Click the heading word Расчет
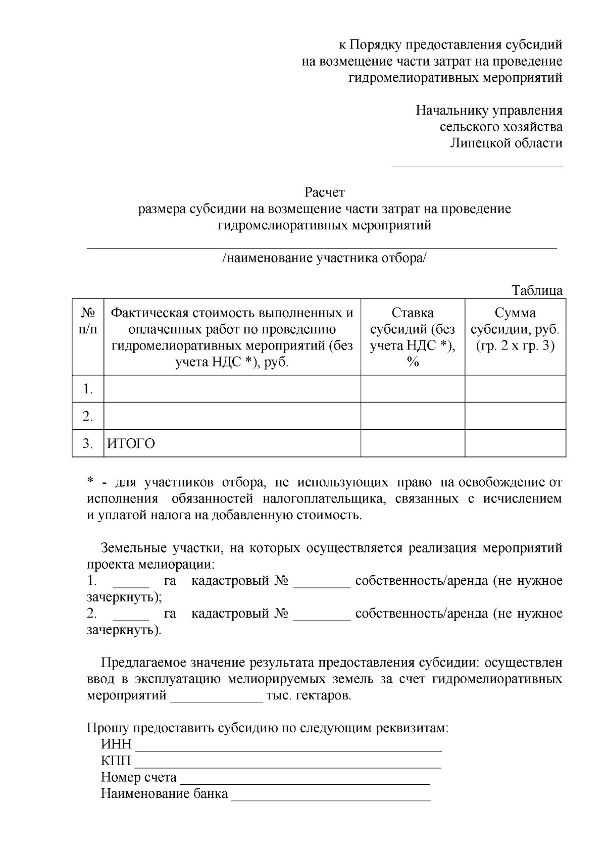(324, 192)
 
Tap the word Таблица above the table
(537, 290)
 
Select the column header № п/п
(88, 321)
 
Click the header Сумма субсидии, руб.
(515, 329)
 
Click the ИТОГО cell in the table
(131, 443)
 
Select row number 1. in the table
(88, 389)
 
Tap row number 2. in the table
(88, 416)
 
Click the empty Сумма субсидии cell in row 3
(515, 443)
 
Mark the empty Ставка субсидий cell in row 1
(412, 389)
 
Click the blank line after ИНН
(288, 748)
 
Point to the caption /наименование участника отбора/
(324, 258)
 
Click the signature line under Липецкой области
(477, 165)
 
